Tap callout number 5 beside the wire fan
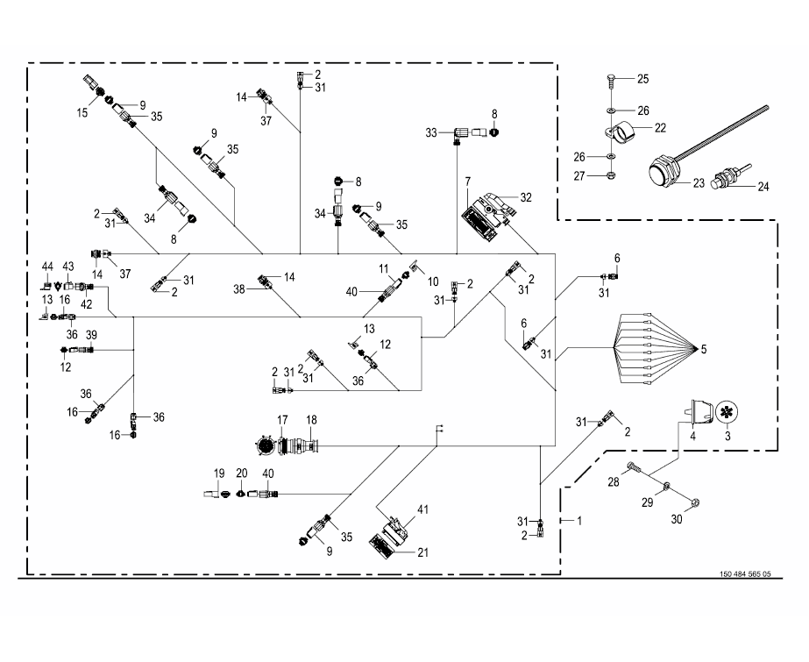tap(702, 350)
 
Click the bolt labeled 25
tap(609, 80)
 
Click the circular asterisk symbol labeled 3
tap(727, 412)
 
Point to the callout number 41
tap(423, 509)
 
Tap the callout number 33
tap(430, 132)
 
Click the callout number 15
tap(82, 112)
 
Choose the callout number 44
tap(47, 266)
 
